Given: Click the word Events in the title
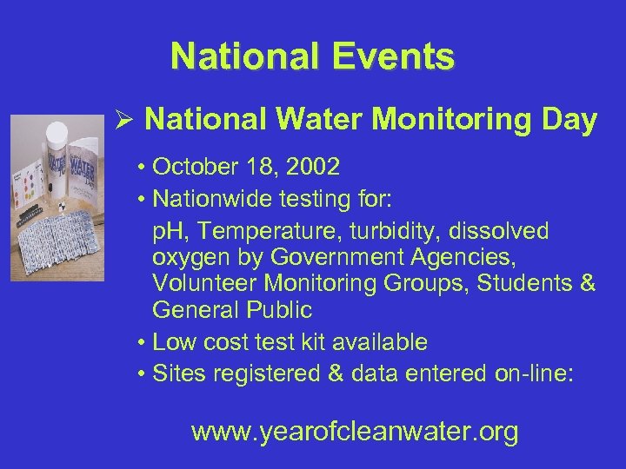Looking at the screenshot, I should [396, 56].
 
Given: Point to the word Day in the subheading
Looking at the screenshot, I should [570, 121].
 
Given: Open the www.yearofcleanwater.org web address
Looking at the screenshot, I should [354, 431].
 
